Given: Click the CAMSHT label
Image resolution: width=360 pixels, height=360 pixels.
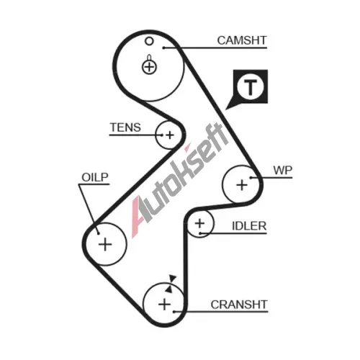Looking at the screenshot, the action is (x=242, y=40).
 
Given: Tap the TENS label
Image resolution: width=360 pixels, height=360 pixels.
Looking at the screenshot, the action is (x=125, y=127).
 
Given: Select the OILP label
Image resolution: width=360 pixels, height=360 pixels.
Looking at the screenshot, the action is (x=95, y=177).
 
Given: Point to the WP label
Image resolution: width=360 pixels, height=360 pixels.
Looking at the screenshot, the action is (x=283, y=171).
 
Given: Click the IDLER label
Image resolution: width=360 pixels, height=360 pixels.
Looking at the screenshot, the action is (x=249, y=226).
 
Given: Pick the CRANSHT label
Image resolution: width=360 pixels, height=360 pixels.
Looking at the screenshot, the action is (x=239, y=305).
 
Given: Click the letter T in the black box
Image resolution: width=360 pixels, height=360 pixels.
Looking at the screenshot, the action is (x=251, y=87).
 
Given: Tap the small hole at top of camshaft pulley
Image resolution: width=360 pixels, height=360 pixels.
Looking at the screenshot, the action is (x=149, y=41).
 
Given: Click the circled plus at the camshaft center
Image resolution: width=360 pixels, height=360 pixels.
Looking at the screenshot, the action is (x=149, y=67).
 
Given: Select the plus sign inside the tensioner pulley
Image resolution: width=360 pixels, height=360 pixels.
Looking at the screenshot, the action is (x=170, y=135).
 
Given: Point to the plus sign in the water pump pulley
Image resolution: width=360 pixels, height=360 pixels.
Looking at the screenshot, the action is (x=242, y=185).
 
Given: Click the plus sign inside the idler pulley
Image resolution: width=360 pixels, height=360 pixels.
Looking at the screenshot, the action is (x=199, y=224).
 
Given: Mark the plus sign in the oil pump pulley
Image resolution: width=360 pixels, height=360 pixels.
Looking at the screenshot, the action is (x=105, y=245).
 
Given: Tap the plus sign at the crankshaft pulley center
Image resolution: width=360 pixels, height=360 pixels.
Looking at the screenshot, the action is (x=165, y=305).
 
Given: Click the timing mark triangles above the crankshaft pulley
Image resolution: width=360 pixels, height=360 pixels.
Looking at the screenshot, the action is (x=171, y=284).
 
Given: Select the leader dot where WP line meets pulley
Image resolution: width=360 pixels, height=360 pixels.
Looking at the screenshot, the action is (x=251, y=178).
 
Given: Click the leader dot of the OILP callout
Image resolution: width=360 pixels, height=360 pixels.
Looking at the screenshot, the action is (x=98, y=233).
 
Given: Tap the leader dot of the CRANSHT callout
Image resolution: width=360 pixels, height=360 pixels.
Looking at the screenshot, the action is (x=174, y=312).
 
